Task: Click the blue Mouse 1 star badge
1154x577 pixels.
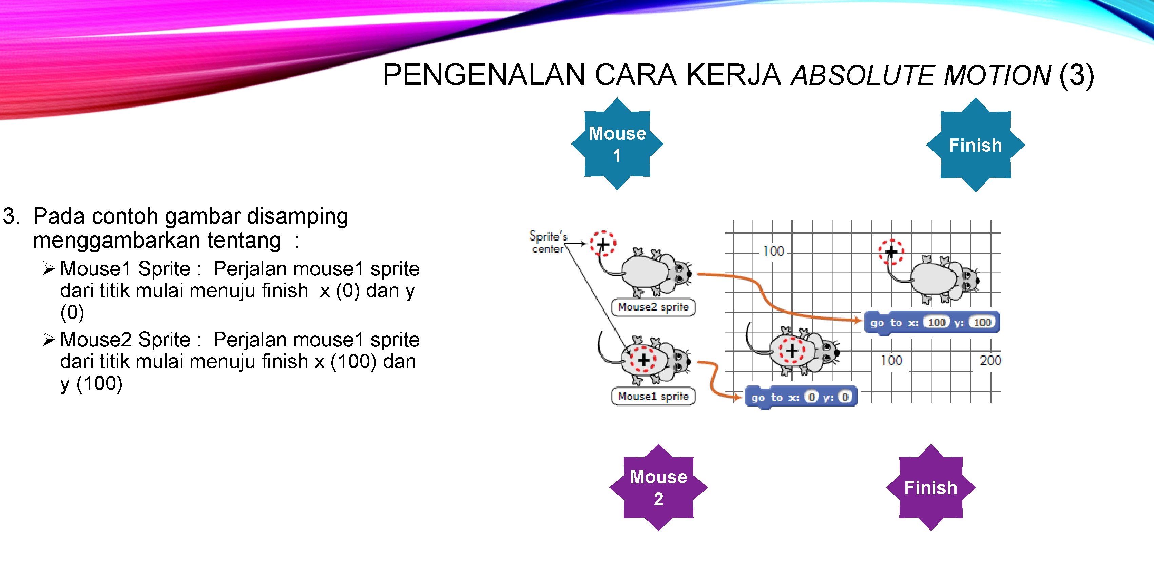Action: [617, 144]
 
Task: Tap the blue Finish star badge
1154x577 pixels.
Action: [975, 145]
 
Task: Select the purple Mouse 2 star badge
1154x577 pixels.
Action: [658, 487]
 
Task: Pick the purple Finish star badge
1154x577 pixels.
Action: [930, 487]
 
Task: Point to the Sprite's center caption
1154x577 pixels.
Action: [547, 242]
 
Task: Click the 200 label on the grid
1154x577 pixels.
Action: [990, 360]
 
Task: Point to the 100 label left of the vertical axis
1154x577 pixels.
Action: [774, 251]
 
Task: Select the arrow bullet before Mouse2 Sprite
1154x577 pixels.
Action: [49, 340]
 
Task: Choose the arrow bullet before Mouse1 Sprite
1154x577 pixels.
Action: [49, 269]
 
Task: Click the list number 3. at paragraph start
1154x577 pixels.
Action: [11, 216]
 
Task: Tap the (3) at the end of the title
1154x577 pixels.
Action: [1077, 75]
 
